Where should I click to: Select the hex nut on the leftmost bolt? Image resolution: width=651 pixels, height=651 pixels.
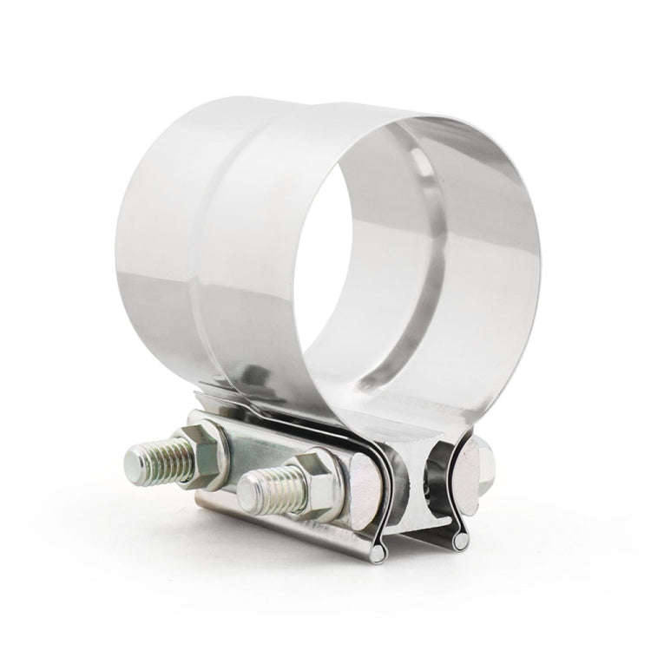coord(205,454)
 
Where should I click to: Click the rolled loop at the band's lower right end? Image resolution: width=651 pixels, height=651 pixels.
coord(461,541)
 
